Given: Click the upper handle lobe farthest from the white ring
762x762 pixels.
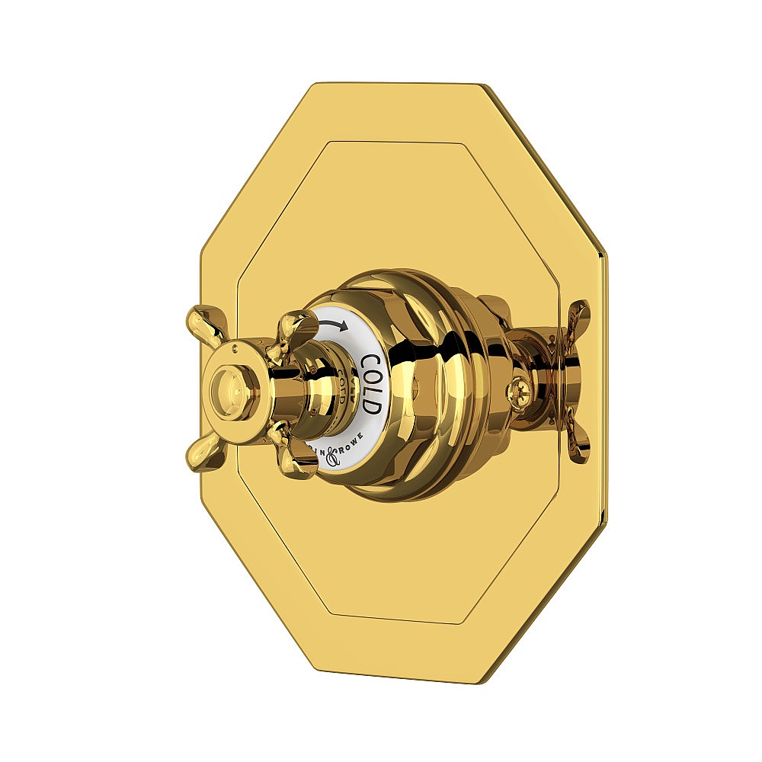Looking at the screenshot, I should click(204, 323).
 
